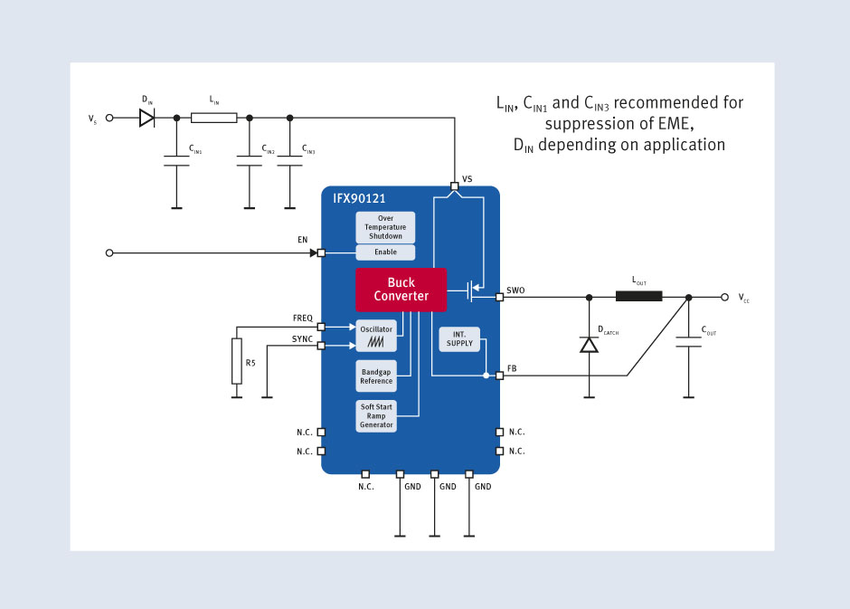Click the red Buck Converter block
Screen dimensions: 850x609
point(401,290)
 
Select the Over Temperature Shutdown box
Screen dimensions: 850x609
point(385,227)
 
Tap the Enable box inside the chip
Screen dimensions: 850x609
point(385,252)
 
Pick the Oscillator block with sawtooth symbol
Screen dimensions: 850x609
point(376,336)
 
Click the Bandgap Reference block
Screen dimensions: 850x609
point(376,376)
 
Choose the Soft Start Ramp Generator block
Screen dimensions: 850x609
point(376,416)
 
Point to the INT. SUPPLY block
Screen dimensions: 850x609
point(459,339)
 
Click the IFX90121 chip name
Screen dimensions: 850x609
point(359,198)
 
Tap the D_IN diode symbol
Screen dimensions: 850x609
point(146,118)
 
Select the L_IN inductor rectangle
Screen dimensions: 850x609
point(214,118)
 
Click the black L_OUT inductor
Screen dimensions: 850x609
point(639,296)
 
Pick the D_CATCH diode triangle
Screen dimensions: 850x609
point(590,345)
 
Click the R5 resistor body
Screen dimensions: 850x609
point(237,361)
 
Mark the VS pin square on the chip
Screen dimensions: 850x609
point(454,186)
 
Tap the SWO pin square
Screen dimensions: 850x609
point(500,297)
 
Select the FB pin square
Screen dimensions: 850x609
point(500,376)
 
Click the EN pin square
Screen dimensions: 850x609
point(321,252)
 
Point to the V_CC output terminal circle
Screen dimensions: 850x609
point(725,297)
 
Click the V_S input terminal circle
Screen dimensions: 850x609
point(109,118)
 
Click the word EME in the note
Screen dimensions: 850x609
point(675,124)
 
